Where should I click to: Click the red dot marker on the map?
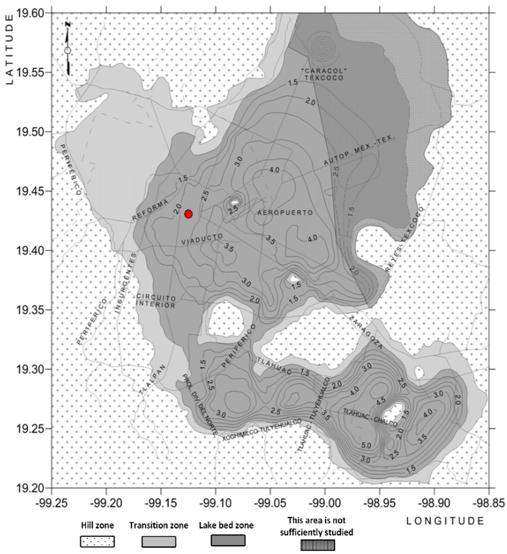pos(188,214)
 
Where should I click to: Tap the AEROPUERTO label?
pos(285,213)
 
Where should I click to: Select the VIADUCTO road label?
pos(202,239)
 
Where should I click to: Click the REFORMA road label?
pos(150,210)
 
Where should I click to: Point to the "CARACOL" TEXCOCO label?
pos(324,74)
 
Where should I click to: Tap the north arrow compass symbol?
pos(68,49)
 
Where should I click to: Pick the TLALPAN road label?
pos(153,380)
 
